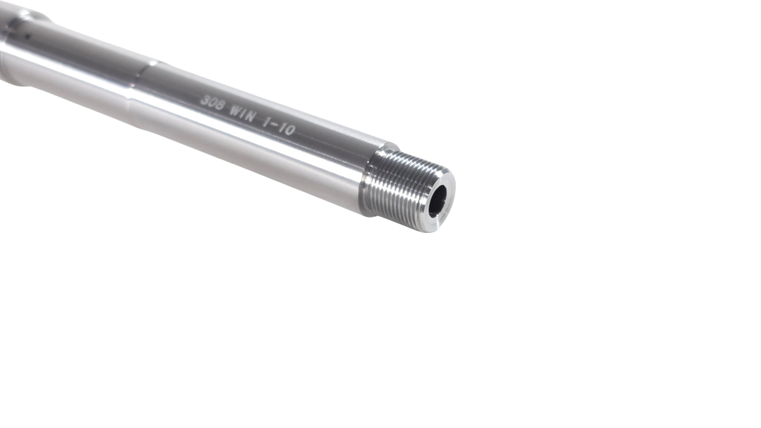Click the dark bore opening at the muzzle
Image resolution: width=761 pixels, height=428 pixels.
438,201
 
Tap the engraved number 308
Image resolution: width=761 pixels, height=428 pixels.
212,103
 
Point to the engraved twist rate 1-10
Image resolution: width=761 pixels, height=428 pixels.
279,126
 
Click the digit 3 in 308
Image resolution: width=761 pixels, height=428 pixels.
205,100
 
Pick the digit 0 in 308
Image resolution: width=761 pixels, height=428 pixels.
212,103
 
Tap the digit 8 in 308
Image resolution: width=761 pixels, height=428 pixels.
220,106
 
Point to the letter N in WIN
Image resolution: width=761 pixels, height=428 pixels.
251,117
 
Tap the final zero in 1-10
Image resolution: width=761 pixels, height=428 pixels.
290,130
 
